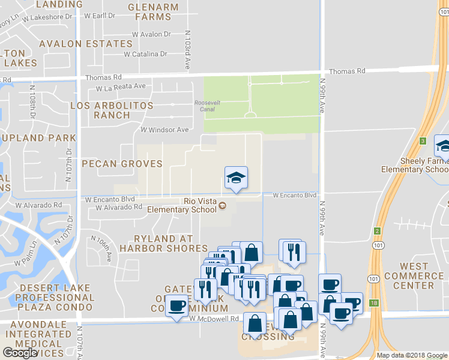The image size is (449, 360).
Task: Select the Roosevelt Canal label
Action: pos(208,106)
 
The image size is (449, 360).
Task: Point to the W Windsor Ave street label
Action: pos(164,130)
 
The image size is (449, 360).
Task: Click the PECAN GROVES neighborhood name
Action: pos(122,164)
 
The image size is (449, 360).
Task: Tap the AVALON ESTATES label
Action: pos(85,44)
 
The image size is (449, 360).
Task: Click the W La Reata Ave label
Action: pos(121,86)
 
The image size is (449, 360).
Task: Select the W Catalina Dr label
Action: pos(145,54)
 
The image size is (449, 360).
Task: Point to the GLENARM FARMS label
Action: pos(153,11)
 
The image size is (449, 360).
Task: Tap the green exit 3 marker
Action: pos(423,141)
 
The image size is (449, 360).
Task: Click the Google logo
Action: pos(19,353)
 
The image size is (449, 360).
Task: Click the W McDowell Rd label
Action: pos(214,319)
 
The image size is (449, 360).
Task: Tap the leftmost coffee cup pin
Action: pos(176,307)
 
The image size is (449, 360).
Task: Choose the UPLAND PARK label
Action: pos(39,138)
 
